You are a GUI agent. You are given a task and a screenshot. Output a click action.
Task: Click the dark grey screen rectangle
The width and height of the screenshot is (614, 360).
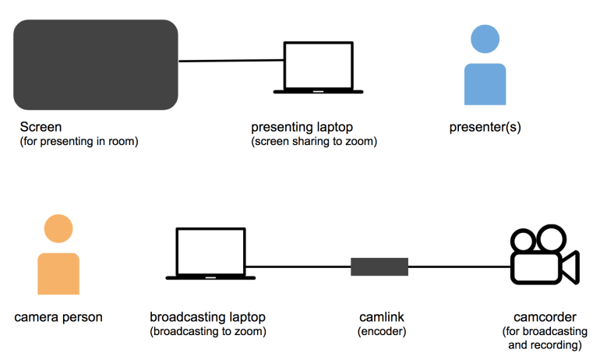point(95,65)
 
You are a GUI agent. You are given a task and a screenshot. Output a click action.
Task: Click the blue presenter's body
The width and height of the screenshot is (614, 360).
point(485,84)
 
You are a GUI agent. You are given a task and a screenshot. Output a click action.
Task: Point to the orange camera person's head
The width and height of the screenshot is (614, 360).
point(58,228)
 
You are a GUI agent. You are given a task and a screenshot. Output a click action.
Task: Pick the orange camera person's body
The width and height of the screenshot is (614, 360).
point(58,273)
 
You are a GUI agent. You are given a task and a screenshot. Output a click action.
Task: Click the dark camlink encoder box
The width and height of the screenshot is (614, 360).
point(379,266)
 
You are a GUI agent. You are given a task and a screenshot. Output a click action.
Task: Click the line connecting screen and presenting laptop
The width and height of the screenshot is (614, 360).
point(230,60)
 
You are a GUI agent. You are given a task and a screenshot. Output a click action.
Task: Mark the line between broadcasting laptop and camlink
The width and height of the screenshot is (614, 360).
point(300,266)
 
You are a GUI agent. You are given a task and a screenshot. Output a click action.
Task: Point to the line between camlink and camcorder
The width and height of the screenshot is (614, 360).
point(460,266)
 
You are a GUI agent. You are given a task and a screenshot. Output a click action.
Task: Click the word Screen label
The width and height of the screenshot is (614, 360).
point(41,126)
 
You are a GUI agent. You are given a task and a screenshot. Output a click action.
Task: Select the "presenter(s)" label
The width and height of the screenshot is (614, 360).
point(485,127)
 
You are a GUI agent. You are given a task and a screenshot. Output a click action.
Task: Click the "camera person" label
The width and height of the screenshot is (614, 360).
point(58,317)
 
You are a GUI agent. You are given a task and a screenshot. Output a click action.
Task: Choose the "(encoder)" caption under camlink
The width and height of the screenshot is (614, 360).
point(381,332)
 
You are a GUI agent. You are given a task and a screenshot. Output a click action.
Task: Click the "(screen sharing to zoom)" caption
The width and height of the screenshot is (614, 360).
point(313,142)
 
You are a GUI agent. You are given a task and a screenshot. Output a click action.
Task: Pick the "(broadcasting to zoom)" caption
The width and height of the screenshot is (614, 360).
point(207,332)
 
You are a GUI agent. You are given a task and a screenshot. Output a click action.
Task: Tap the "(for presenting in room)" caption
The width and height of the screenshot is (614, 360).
point(79,141)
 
